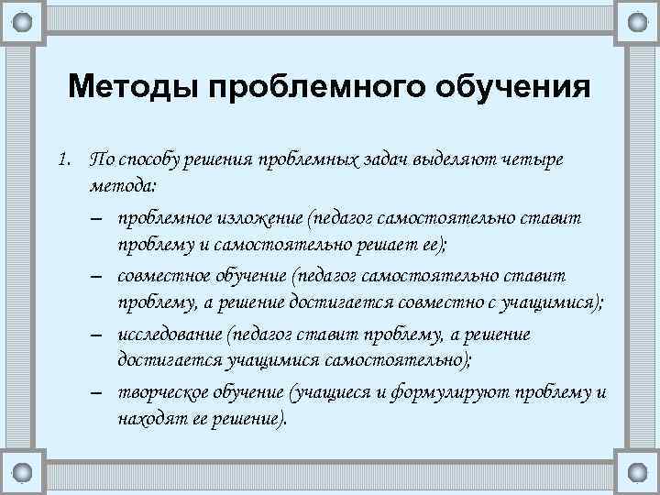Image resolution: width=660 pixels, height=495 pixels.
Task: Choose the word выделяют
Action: pos(467,160)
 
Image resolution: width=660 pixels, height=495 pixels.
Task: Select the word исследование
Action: pos(170,335)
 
